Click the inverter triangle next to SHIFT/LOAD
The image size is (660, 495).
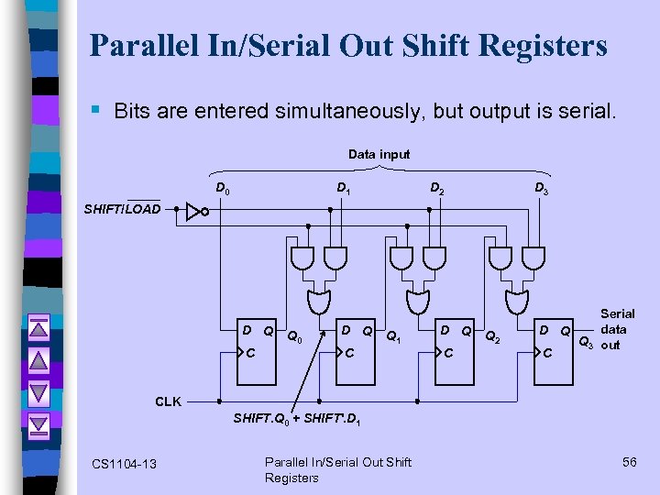point(193,212)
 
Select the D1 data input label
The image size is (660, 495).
point(342,189)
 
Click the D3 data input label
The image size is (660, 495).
point(542,189)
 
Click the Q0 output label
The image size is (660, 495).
point(294,336)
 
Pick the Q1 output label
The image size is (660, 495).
point(393,336)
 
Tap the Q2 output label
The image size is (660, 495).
point(492,336)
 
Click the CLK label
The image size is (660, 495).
point(168,401)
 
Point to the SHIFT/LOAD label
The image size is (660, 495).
point(122,209)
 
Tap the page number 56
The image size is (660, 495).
point(629,462)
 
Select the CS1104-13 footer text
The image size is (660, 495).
point(125,464)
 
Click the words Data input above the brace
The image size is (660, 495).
point(379,154)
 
